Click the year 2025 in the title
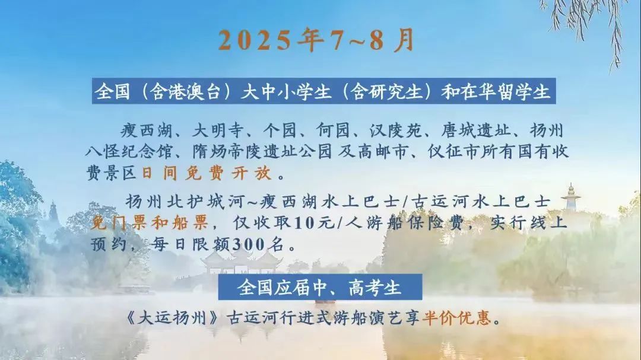click(255, 40)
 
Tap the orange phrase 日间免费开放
click(207, 173)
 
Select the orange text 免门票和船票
click(150, 222)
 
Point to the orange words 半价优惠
click(456, 317)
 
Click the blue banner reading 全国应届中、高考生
click(320, 287)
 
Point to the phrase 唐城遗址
click(476, 130)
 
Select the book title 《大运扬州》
click(172, 317)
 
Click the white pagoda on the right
click(570, 198)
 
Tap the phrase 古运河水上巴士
click(480, 202)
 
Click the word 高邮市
click(383, 152)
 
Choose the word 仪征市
click(452, 152)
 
